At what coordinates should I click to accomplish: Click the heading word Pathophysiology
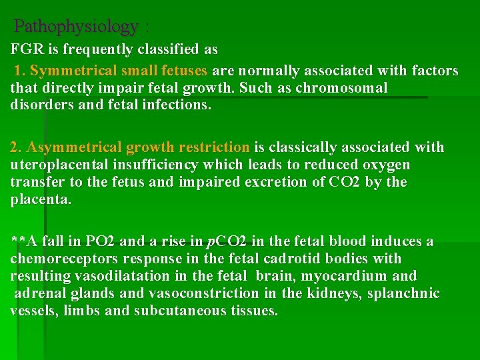pyautogui.click(x=75, y=27)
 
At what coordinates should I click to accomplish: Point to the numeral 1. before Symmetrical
pyautogui.click(x=21, y=71)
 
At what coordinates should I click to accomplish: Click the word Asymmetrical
pyautogui.click(x=71, y=147)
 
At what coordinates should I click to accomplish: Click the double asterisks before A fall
pyautogui.click(x=17, y=241)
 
